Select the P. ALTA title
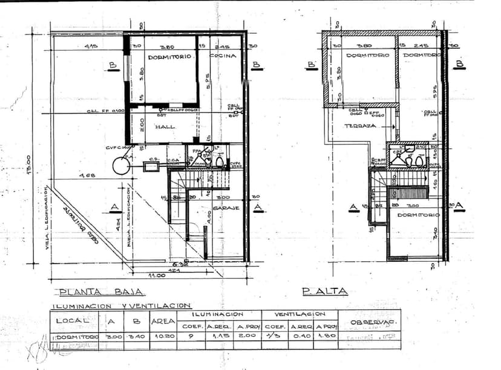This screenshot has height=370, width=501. tap(325, 291)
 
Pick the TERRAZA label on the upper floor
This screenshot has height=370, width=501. tap(361, 126)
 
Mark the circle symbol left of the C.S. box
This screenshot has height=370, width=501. tap(121, 166)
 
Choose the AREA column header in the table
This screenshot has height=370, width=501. tap(163, 321)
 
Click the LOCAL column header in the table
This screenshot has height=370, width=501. tap(72, 320)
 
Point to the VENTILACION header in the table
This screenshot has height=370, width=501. tap(300, 314)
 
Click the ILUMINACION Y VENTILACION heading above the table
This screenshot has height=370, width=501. tap(121, 306)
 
